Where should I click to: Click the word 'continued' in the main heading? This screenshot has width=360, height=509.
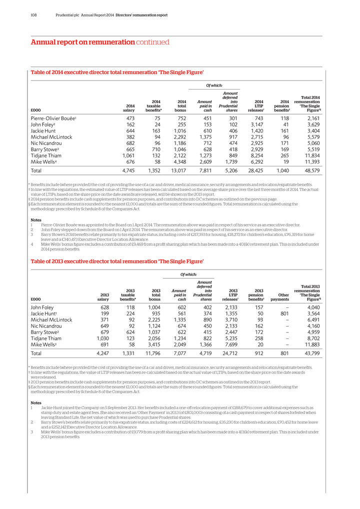(x=152, y=42)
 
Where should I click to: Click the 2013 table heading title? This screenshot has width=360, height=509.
(x=117, y=261)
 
